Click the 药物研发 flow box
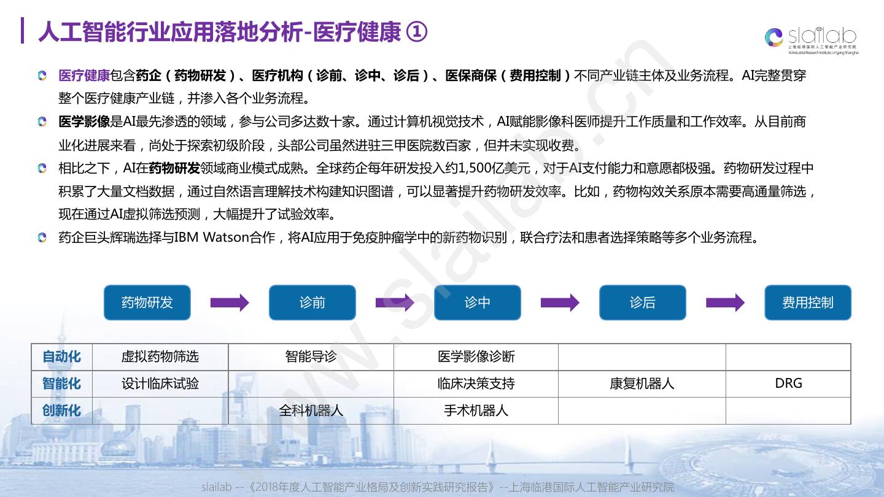coord(147,302)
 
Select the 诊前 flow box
coord(312,302)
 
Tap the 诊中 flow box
coord(478,302)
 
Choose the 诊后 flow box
coord(643,302)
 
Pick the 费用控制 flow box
coord(808,302)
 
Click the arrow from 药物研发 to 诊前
coord(230,302)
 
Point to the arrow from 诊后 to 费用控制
coord(725,302)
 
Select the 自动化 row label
coord(61,357)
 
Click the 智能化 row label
coord(61,383)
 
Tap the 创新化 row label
coord(61,410)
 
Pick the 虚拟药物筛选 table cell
coord(160,357)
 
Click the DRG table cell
coord(788,383)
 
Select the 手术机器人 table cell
coord(476,410)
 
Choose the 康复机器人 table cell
coord(642,383)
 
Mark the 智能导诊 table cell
coord(311,357)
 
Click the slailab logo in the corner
coord(810,38)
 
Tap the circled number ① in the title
coord(417,32)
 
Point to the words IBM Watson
coord(211,237)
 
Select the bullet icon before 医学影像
coord(42,121)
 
